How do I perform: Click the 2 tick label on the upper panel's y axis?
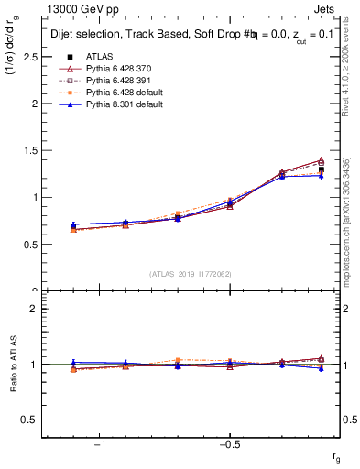(32, 104)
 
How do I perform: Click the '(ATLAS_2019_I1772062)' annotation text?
(189, 273)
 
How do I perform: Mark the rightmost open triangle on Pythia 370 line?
(321, 160)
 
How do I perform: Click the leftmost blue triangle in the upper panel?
(73, 224)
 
